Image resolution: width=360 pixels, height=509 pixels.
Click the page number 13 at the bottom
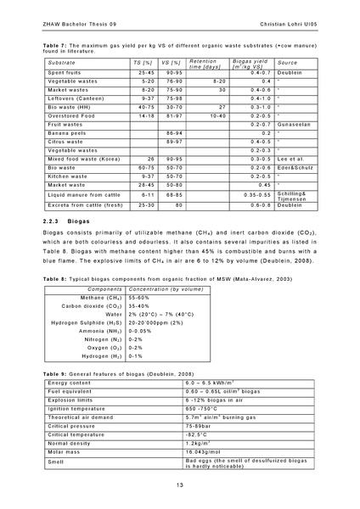[180, 484]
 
